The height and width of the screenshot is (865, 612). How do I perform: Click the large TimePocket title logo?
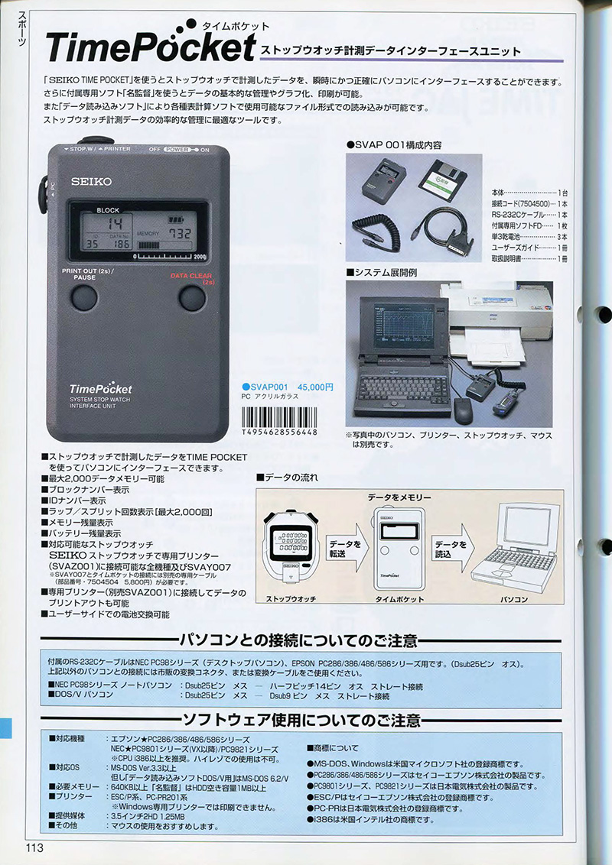click(x=150, y=47)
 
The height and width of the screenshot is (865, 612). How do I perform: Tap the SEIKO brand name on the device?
click(x=92, y=181)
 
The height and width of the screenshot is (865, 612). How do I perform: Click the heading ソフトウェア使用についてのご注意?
click(x=301, y=720)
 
